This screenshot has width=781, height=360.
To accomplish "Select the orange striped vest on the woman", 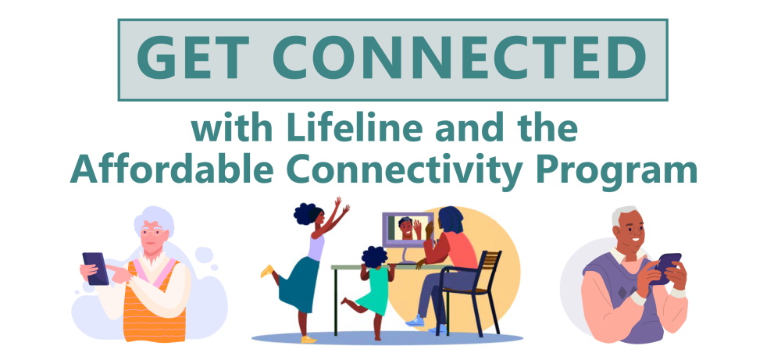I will click(160, 301).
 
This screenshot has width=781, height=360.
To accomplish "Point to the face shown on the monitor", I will click(405, 229).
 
